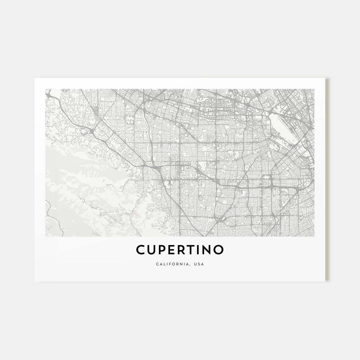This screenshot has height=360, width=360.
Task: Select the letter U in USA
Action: (197, 264)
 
